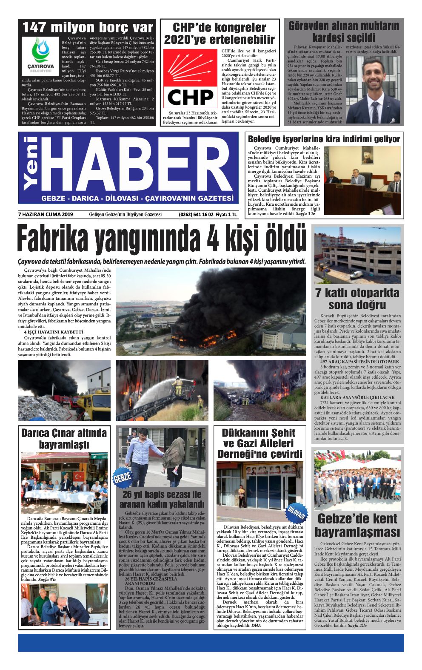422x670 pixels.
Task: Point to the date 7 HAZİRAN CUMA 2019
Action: (46, 214)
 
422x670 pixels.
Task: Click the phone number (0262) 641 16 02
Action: (196, 214)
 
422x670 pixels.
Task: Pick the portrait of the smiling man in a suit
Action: (374, 89)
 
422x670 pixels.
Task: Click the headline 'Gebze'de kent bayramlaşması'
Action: (357, 526)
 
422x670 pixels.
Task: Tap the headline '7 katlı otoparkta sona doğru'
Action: (357, 299)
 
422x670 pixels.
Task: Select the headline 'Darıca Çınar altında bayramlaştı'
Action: (64, 439)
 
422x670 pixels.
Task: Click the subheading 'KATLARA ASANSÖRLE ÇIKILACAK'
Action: (357, 397)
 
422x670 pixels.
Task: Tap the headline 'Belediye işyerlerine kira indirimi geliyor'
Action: (324, 139)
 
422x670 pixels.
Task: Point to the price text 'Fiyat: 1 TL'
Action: (226, 214)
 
